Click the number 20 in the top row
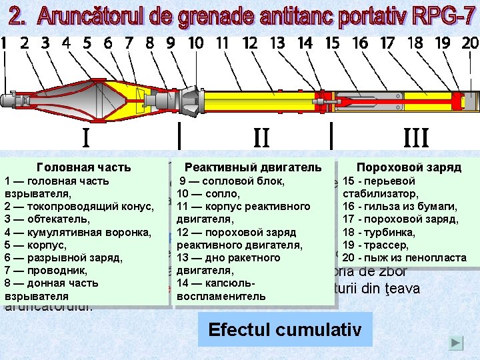pos(470,43)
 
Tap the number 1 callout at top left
pos(5,43)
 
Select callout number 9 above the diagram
pos(171,43)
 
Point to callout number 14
pos(305,43)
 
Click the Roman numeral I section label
pos(86,138)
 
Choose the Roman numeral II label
pos(261,138)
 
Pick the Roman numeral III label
pos(416,138)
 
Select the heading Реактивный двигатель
pos(253,167)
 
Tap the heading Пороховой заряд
pos(409,167)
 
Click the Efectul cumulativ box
pos(285,329)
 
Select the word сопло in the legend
pos(216,194)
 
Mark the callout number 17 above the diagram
pos(387,43)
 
